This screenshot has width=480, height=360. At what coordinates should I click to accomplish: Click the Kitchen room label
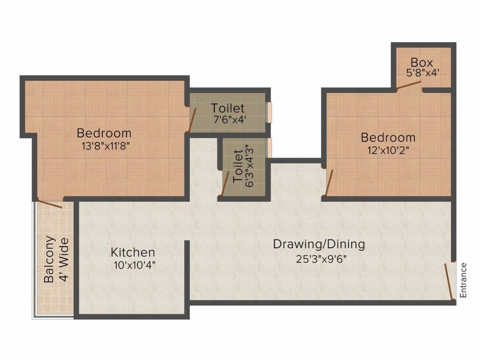click(133, 253)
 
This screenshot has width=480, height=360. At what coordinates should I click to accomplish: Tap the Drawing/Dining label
click(319, 244)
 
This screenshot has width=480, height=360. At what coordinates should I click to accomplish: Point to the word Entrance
click(464, 280)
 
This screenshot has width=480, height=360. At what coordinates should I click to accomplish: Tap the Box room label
click(422, 62)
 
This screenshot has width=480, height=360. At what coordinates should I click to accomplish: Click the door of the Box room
click(408, 85)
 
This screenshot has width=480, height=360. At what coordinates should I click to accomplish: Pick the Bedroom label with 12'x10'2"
click(388, 138)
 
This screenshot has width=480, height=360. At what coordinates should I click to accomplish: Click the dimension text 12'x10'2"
click(388, 151)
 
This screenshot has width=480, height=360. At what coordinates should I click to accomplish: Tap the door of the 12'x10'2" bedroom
click(330, 182)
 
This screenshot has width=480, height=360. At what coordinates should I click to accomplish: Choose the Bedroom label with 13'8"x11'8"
click(104, 133)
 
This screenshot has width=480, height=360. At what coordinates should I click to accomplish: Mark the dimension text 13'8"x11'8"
click(104, 146)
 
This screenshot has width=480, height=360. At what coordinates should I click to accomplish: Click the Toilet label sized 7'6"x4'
click(227, 108)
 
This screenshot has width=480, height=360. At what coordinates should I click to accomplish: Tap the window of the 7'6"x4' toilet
click(269, 112)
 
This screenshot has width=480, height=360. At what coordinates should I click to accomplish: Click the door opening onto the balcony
click(49, 204)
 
